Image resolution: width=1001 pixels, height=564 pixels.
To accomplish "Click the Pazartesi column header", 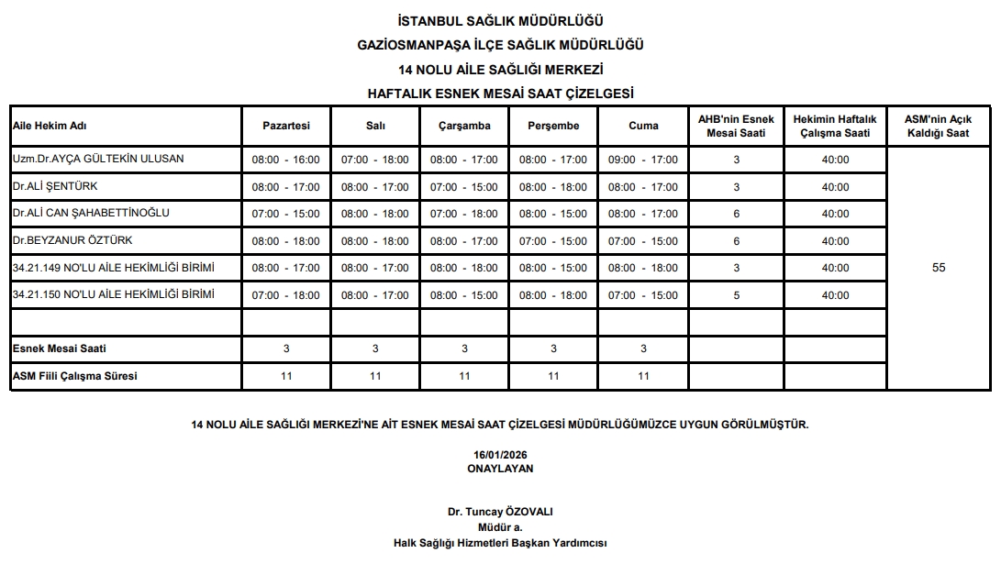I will pos(286,126).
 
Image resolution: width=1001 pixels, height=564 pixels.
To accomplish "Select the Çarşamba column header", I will pos(464,126).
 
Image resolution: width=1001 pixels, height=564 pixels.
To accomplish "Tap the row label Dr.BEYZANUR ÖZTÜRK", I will pos(72,240).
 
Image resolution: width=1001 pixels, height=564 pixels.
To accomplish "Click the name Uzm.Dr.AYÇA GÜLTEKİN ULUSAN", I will pos(98,159).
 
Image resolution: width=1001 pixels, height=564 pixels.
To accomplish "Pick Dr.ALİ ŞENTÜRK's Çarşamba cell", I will pos(464,187).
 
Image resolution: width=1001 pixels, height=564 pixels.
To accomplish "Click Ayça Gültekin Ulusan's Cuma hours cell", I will pos(643,160).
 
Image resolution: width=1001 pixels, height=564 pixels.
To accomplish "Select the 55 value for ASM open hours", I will pos(938,268).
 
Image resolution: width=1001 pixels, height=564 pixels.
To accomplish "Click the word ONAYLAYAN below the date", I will pos(500,469).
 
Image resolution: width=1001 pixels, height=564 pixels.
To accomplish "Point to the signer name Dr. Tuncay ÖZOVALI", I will pos(500,513).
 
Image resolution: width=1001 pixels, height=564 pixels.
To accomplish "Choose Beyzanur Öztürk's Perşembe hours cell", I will pos(553,241).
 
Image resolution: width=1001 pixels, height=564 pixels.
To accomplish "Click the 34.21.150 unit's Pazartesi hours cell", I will pos(286,295).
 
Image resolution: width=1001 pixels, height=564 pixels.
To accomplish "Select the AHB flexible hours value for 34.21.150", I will pos(736,295).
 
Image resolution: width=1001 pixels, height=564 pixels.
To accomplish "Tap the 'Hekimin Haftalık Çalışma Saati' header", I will pos(835,126).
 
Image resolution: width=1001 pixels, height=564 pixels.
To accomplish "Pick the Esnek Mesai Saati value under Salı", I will pos(375,348).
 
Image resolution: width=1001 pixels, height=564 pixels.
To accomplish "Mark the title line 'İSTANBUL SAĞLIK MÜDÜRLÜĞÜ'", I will pos(500,21).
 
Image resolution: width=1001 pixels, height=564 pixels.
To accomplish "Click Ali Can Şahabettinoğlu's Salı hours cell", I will pos(375,214).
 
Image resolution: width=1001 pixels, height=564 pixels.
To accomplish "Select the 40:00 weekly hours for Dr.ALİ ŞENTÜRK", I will pos(835,187).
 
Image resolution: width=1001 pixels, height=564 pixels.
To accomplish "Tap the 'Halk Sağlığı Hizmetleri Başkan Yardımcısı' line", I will pos(500,543).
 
